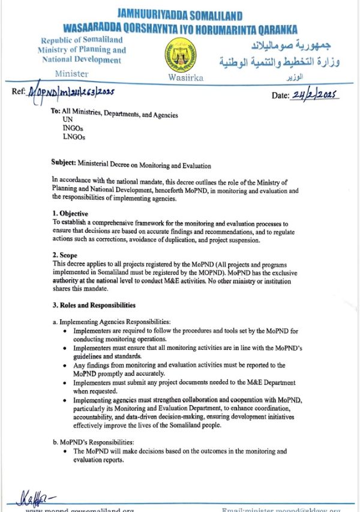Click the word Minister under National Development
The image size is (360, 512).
[x=71, y=74]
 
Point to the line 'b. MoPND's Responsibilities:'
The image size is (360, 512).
[x=97, y=442]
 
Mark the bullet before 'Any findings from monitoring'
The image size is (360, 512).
[x=65, y=365]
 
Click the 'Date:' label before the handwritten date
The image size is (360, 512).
[x=280, y=95]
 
